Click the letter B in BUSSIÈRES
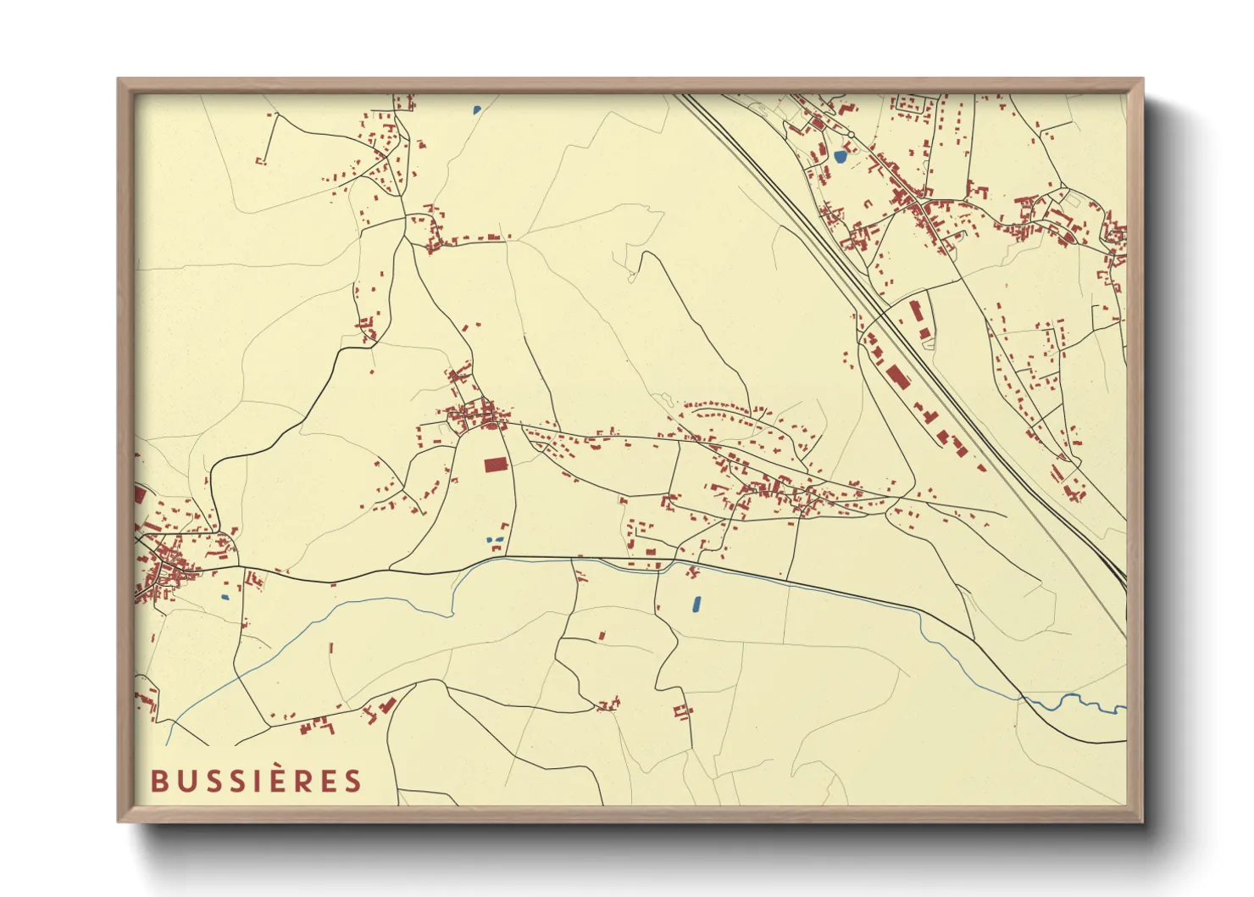[x=158, y=781]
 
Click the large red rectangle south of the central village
[x=495, y=465]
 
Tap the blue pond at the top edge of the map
[x=477, y=109]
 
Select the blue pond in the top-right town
[x=840, y=157]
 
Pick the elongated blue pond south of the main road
[x=696, y=604]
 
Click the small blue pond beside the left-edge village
[x=225, y=597]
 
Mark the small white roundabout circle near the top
[x=851, y=134]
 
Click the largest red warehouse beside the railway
[x=896, y=375]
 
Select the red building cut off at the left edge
[x=140, y=494]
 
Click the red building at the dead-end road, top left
[x=260, y=160]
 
